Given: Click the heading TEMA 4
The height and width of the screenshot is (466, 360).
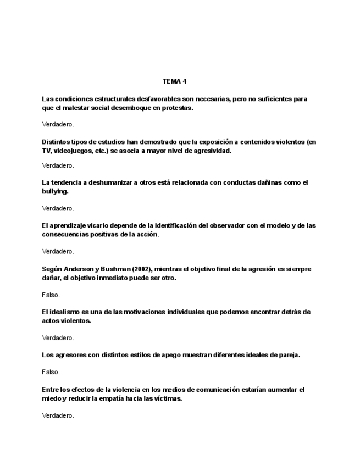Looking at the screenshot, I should click(x=175, y=81).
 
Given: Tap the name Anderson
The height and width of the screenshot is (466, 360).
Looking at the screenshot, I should click(x=83, y=269).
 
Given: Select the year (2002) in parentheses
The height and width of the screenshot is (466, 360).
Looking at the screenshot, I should click(x=140, y=269).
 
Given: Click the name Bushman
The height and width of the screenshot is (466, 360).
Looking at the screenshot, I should click(x=117, y=269).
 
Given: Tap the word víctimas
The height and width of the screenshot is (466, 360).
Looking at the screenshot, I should click(x=168, y=398).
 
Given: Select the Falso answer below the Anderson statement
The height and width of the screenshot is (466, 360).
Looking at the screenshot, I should click(x=51, y=295).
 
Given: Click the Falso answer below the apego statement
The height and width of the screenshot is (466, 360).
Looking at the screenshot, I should click(x=51, y=372).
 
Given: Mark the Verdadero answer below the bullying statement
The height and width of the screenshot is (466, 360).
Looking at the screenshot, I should click(x=58, y=208).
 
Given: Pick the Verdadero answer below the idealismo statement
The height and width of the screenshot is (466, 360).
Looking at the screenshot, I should click(x=58, y=337).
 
